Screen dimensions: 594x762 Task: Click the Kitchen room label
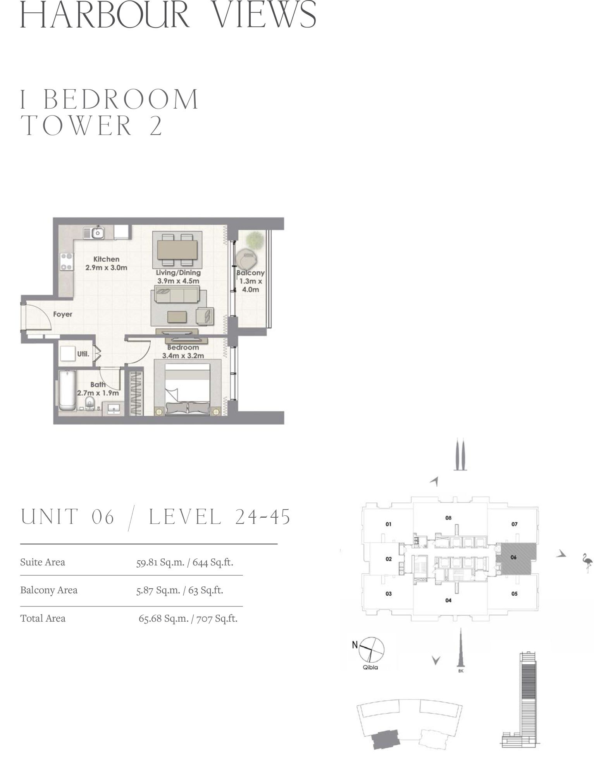pyautogui.click(x=106, y=259)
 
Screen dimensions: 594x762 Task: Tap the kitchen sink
pyautogui.click(x=94, y=233)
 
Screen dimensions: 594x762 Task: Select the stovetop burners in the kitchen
pyautogui.click(x=67, y=261)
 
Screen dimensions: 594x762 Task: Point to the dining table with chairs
pyautogui.click(x=177, y=249)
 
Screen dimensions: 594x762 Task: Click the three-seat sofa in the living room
pyautogui.click(x=176, y=295)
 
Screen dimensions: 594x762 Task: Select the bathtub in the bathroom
pyautogui.click(x=69, y=391)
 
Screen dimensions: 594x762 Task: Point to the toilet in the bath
pyautogui.click(x=90, y=403)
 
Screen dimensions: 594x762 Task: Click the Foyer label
pyautogui.click(x=63, y=314)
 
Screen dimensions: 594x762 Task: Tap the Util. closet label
pyautogui.click(x=83, y=354)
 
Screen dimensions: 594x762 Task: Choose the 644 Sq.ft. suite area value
pyautogui.click(x=213, y=562)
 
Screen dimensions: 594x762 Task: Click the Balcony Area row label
pyautogui.click(x=49, y=590)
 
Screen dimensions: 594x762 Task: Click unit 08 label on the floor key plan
pyautogui.click(x=448, y=518)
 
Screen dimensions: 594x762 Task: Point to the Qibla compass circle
pyautogui.click(x=372, y=648)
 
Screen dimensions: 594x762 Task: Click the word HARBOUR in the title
pyautogui.click(x=105, y=14)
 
